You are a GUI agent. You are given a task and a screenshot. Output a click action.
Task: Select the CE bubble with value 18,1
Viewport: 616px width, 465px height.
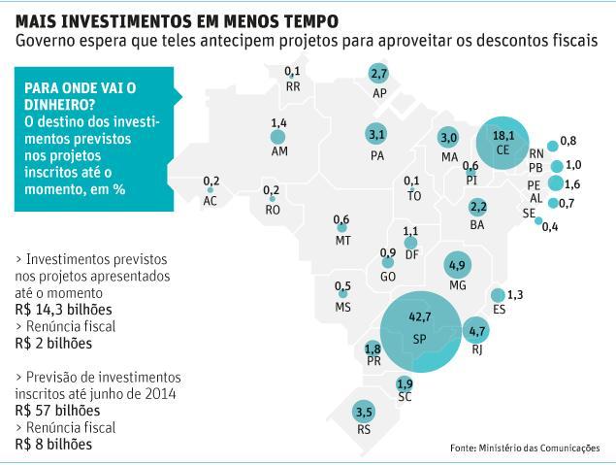tap(502, 144)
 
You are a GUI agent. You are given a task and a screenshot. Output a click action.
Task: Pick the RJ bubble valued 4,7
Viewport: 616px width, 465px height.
tap(476, 331)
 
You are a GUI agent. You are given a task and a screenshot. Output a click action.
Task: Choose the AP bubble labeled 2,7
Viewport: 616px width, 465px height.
tap(378, 74)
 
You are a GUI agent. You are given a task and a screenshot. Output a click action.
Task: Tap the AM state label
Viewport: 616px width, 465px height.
tap(279, 152)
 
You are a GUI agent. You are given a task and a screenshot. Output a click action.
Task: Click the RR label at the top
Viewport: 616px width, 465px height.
tap(293, 85)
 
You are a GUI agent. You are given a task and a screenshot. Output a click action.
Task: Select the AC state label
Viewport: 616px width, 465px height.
tap(211, 201)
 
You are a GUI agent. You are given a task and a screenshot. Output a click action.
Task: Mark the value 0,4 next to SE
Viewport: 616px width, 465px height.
tap(550, 227)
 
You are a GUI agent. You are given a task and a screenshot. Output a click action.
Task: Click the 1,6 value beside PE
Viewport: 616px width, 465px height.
tap(572, 184)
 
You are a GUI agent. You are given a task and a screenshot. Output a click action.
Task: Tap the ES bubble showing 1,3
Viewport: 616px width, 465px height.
tap(500, 295)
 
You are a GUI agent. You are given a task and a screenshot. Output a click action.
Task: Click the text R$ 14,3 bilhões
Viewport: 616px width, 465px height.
tap(63, 308)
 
